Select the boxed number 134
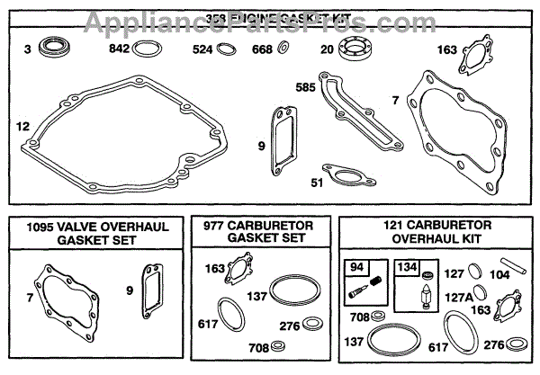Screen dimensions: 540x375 [x=406, y=266]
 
